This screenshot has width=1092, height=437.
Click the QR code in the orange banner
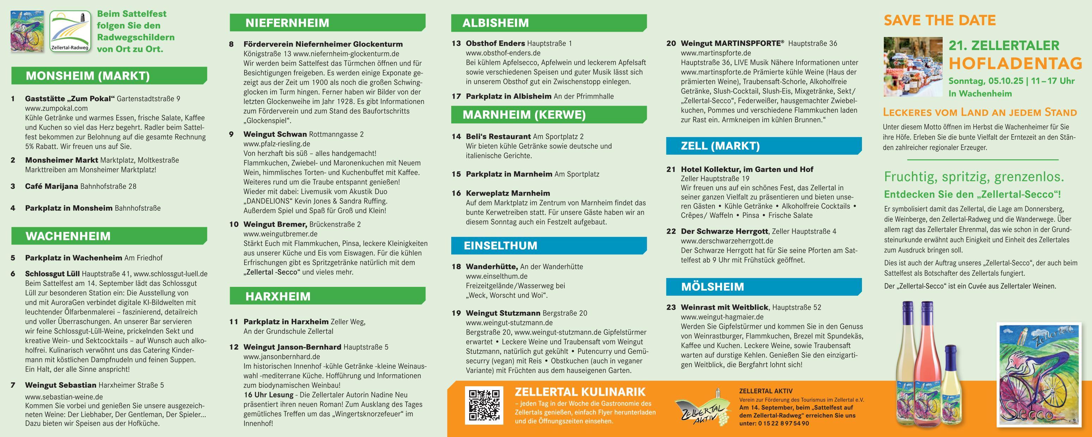484,405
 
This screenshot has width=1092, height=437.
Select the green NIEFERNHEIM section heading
287,23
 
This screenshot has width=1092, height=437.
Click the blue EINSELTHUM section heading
500,246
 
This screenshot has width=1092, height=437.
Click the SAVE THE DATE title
939,20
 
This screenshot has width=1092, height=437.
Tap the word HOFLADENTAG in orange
1015,63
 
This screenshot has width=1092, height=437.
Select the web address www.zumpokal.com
56,108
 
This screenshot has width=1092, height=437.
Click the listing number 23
671,307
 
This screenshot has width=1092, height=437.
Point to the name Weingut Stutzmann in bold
503,313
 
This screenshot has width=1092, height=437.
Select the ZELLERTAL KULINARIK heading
580,392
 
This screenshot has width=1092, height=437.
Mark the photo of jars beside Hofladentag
913,67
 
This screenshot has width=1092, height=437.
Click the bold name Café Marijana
51,186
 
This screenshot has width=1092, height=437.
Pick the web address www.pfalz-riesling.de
277,144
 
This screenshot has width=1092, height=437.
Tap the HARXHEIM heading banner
278,296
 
